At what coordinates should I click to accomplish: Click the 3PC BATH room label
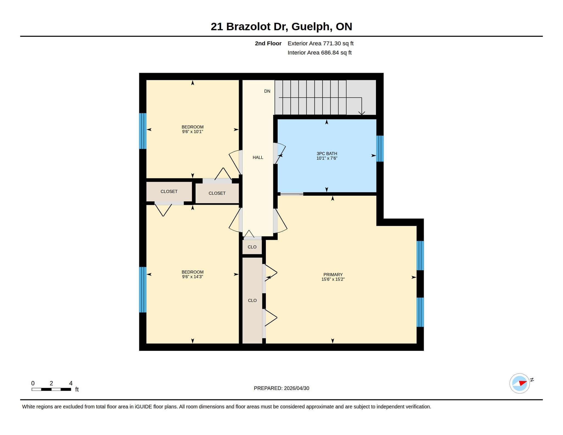327,154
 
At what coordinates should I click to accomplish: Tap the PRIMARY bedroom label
333,275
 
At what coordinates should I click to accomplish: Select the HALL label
258,158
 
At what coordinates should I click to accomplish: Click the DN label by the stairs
267,91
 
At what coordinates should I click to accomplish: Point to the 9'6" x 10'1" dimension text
192,132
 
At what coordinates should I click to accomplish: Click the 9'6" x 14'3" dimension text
192,277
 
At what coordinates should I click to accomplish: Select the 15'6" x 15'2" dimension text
333,279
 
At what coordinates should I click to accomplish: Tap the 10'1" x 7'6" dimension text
327,158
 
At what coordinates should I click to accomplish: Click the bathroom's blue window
380,149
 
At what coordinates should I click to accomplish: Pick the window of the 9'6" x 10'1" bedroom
143,131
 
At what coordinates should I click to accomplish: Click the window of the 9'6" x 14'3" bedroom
143,290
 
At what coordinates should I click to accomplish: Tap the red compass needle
523,383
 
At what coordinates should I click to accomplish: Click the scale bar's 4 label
71,383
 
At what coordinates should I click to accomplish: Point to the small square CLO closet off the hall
252,247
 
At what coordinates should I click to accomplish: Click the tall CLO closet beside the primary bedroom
252,301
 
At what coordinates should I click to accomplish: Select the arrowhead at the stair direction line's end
362,113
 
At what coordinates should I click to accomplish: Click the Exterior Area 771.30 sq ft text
321,43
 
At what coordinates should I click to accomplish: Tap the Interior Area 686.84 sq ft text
320,53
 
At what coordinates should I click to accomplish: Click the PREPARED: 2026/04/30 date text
281,388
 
